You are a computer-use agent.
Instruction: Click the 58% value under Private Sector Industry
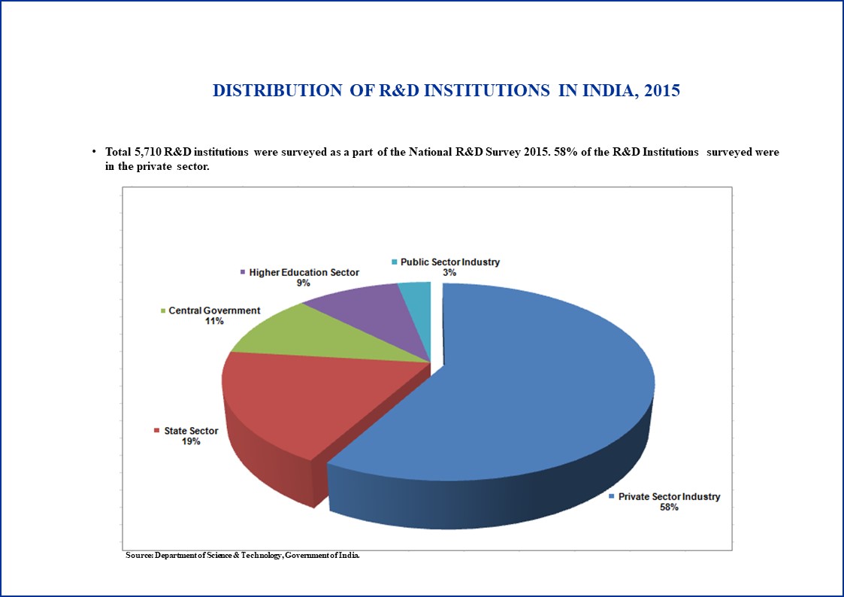(669, 507)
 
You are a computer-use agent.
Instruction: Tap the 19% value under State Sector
(191, 441)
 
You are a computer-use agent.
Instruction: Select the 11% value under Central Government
(214, 321)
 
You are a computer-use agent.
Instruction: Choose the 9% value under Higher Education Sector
(304, 283)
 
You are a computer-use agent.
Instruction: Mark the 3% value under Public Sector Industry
(449, 272)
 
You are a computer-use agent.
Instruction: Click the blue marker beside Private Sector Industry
(612, 496)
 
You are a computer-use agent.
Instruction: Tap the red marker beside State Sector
(156, 431)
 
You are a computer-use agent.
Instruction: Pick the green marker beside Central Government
(162, 311)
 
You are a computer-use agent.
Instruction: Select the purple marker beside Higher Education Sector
(243, 272)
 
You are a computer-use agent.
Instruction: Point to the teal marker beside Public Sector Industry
(395, 262)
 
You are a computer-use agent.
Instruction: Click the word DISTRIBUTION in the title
(277, 90)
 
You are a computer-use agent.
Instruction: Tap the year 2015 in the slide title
(662, 90)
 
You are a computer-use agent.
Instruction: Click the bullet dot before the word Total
(94, 152)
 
